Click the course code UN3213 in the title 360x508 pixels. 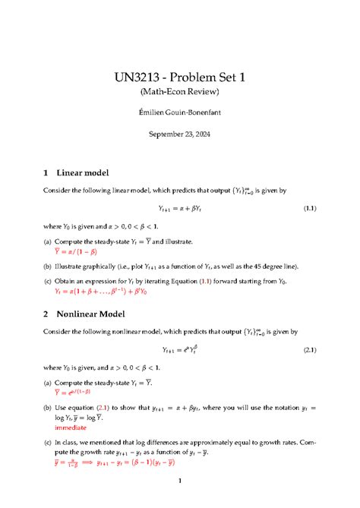(140, 77)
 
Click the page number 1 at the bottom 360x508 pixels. (179, 481)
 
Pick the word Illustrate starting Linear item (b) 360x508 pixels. (74, 265)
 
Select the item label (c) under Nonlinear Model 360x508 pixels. (49, 440)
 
